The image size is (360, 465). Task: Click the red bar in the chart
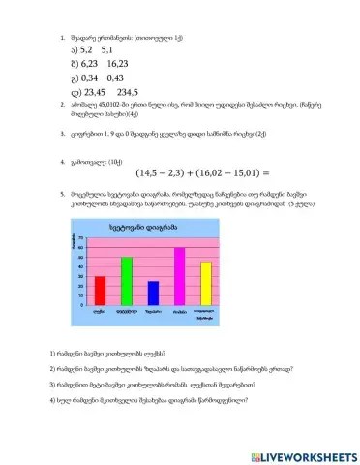click(100, 291)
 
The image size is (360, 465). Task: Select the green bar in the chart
click(126, 281)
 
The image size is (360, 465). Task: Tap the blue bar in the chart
click(153, 294)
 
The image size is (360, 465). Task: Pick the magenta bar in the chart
click(179, 276)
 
